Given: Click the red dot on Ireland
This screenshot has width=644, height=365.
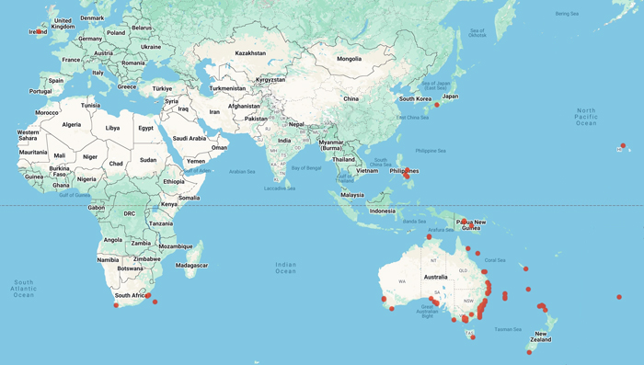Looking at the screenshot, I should coord(38,31).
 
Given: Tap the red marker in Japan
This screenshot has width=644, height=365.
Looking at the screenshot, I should coord(437,105).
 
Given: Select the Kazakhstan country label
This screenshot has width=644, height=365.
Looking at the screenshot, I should coord(250,53).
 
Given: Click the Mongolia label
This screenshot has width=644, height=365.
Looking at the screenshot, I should coord(350,59).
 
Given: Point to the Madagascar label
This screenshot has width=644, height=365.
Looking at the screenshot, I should coord(190,265).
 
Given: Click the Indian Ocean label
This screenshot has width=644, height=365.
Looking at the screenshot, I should coord(285,268).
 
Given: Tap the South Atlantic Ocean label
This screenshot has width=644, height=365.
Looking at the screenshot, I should coord(23,288).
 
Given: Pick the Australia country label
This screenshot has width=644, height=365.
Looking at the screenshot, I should coord(434,276).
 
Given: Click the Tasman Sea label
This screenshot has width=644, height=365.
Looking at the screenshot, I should coord(512,327).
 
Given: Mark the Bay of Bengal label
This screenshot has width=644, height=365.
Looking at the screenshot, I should coord(310,166).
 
